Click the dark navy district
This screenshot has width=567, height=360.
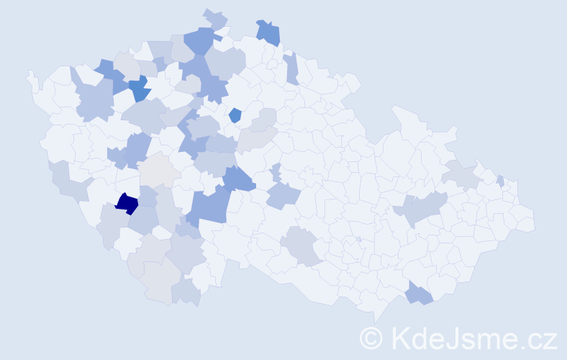point(127,204)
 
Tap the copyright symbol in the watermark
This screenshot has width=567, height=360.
point(372,338)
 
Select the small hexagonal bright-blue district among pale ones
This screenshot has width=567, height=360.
point(235,114)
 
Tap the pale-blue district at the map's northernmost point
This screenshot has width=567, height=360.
point(214,18)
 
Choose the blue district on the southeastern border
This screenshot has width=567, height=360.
point(419,294)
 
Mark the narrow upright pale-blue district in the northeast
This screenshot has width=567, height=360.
point(291,68)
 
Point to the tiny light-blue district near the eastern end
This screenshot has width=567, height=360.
point(500,181)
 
